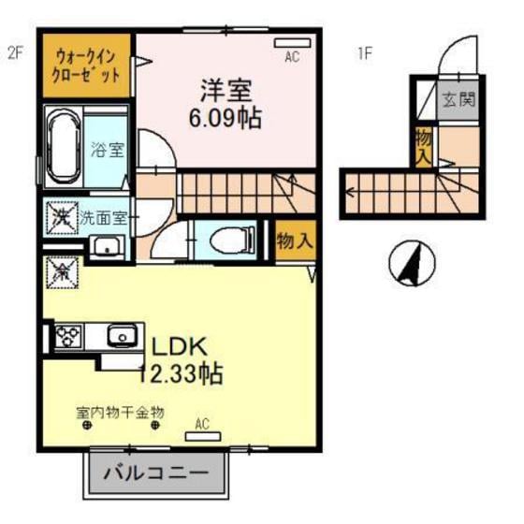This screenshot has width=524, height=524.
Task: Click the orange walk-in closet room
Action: point(87,67)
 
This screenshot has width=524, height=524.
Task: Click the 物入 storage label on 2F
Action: point(295,240)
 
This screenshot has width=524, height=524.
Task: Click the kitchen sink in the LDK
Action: point(119,334)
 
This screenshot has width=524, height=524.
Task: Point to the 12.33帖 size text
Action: point(180,374)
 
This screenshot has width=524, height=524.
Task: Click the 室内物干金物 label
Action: point(121,411)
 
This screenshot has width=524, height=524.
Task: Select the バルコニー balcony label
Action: point(156,473)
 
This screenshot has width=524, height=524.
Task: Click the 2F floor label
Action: point(15,53)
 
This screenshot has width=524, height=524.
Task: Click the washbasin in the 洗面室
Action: point(106,247)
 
